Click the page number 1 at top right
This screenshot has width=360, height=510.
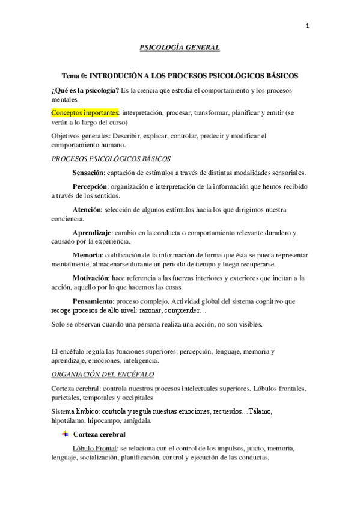308,26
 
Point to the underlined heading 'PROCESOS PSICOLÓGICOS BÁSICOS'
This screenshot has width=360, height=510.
111,159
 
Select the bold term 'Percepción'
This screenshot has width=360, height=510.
90,187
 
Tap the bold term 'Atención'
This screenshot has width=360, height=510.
87,210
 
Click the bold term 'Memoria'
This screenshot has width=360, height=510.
87,255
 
